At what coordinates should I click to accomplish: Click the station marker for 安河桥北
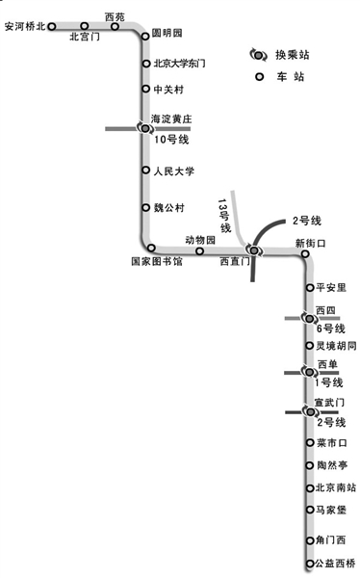(x=52, y=26)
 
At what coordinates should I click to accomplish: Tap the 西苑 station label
(x=115, y=17)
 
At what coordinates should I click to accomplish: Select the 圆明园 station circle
(x=145, y=36)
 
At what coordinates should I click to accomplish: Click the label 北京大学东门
(x=179, y=64)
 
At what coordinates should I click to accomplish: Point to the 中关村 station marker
(x=146, y=89)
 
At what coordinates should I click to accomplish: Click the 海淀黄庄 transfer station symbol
(x=145, y=128)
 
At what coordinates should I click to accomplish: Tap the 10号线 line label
(x=171, y=140)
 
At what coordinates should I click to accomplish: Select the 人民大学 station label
(x=174, y=171)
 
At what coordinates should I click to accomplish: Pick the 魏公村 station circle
(x=146, y=207)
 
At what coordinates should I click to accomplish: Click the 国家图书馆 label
(x=157, y=261)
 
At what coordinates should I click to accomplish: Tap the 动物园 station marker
(x=199, y=251)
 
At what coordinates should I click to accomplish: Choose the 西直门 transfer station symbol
(x=254, y=250)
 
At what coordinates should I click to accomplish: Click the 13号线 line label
(x=224, y=216)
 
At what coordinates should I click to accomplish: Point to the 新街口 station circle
(x=305, y=253)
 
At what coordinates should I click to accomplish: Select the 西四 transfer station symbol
(x=310, y=318)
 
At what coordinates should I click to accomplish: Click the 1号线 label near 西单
(x=328, y=382)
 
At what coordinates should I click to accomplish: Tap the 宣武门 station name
(x=329, y=402)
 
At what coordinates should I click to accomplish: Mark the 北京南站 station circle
(x=310, y=488)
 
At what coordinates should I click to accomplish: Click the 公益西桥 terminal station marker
(x=310, y=564)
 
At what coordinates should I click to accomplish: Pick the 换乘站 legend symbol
(x=259, y=55)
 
